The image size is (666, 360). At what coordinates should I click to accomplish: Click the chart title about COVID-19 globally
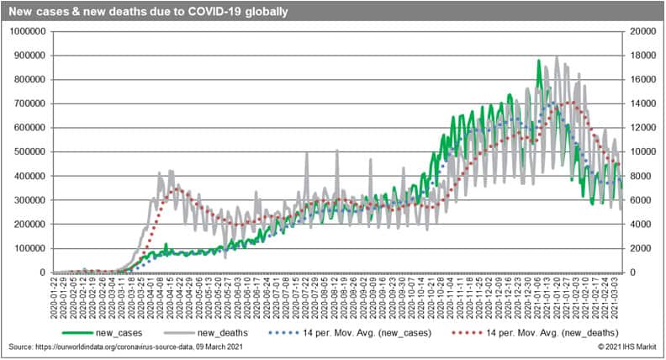click(x=148, y=12)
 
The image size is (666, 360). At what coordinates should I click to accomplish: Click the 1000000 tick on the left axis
click(x=28, y=32)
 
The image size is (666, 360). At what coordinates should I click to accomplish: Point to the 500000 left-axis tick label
click(x=30, y=152)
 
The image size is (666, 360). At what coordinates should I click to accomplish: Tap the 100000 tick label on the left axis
click(x=30, y=249)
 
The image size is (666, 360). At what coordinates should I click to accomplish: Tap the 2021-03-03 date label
click(x=616, y=299)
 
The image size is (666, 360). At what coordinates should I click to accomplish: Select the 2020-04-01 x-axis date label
click(x=151, y=299)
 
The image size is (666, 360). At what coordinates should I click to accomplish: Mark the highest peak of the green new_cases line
click(x=538, y=61)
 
